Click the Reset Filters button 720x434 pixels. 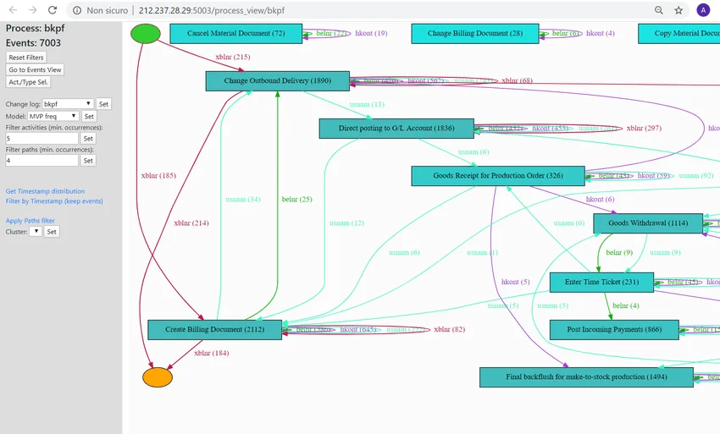[x=26, y=57]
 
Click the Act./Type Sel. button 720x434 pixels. [x=29, y=82]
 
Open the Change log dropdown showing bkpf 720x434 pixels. [x=69, y=104]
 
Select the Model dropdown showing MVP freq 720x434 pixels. [x=53, y=116]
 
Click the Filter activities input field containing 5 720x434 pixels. [x=42, y=138]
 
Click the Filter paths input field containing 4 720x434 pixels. [x=42, y=160]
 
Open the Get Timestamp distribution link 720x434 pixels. [x=45, y=191]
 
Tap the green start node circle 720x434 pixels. [x=145, y=33]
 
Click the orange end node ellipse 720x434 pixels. [x=158, y=377]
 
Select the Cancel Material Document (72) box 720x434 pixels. [x=235, y=34]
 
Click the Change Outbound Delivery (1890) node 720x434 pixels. [x=278, y=81]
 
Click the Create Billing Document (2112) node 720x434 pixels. [x=214, y=330]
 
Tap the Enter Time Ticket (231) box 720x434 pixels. [x=601, y=282]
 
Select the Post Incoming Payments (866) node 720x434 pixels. [x=614, y=330]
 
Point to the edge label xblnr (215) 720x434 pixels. [x=233, y=57]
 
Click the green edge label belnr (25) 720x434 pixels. [x=296, y=200]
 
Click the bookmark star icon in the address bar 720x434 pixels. [x=678, y=10]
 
